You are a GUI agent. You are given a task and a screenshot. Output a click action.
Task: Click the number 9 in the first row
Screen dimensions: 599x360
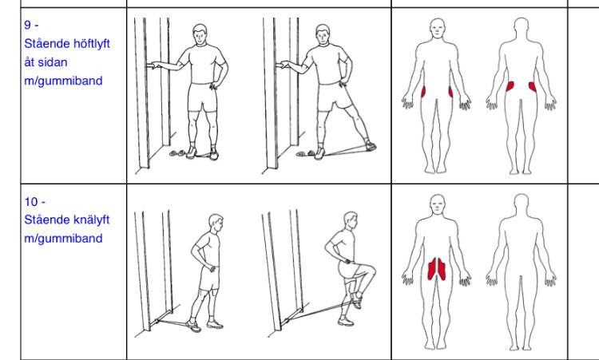pyautogui.click(x=27, y=26)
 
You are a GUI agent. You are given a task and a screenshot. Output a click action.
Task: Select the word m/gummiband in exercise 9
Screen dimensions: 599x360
pyautogui.click(x=63, y=81)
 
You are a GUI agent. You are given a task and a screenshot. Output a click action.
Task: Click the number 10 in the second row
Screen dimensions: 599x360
pyautogui.click(x=31, y=202)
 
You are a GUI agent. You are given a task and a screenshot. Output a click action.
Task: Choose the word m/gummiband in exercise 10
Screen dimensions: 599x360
pyautogui.click(x=63, y=239)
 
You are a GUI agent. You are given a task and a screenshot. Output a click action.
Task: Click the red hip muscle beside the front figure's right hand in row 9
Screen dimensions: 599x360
pyautogui.click(x=423, y=93)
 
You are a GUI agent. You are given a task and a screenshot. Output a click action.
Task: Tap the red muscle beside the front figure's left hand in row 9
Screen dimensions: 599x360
pyautogui.click(x=450, y=92)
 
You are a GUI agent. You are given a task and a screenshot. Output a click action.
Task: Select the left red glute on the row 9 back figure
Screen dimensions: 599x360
pyautogui.click(x=510, y=86)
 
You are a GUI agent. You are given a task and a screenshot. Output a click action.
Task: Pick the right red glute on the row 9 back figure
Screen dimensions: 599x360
pyautogui.click(x=533, y=87)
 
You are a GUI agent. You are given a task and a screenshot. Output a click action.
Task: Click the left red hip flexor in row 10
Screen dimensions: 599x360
pyautogui.click(x=432, y=269)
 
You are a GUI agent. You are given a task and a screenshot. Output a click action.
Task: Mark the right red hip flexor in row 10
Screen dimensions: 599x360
pyautogui.click(x=442, y=270)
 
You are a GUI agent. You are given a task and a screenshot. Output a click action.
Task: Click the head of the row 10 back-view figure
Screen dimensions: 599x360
pyautogui.click(x=521, y=202)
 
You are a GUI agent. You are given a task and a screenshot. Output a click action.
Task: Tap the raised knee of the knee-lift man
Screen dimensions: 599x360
pyautogui.click(x=371, y=271)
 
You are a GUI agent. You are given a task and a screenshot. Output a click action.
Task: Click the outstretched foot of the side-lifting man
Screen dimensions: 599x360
pyautogui.click(x=370, y=146)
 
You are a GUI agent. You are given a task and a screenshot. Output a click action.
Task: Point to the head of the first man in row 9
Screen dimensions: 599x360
pyautogui.click(x=200, y=34)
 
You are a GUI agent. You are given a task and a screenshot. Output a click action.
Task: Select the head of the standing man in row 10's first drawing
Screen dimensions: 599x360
pyautogui.click(x=216, y=223)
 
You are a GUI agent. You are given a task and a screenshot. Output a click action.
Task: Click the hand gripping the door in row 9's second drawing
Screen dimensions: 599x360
pyautogui.click(x=284, y=64)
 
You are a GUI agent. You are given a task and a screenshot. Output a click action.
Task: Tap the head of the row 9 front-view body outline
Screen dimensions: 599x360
pyautogui.click(x=438, y=28)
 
